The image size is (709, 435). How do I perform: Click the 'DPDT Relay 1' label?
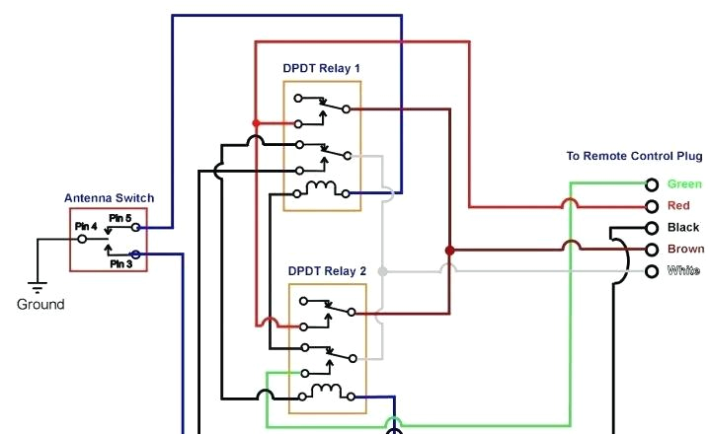click(x=322, y=68)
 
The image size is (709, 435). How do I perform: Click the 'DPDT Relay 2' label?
click(x=327, y=270)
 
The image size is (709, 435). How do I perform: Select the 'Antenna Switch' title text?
click(x=109, y=198)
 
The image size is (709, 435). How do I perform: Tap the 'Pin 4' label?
click(x=86, y=227)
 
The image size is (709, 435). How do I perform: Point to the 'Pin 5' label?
click(x=119, y=217)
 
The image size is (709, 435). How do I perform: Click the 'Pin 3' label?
click(x=120, y=263)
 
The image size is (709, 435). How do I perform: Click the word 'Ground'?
click(x=40, y=305)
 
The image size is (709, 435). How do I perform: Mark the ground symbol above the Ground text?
click(x=38, y=287)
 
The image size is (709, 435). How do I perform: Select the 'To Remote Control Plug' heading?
click(x=634, y=156)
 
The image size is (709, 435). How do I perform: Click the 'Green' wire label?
click(x=684, y=184)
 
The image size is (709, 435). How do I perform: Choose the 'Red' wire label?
click(x=678, y=206)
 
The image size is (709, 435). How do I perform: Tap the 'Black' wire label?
click(x=683, y=228)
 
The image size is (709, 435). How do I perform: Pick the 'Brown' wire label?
click(x=685, y=250)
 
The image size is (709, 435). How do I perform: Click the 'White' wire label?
click(x=683, y=271)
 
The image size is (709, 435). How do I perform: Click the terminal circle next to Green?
click(x=652, y=184)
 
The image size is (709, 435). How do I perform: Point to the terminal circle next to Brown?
click(x=652, y=250)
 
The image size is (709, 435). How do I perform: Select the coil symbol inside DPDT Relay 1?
click(x=321, y=188)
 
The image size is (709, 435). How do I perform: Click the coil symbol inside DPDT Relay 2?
click(x=326, y=392)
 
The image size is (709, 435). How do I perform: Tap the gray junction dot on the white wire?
click(x=383, y=271)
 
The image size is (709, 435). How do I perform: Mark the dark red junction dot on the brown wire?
click(x=449, y=250)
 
